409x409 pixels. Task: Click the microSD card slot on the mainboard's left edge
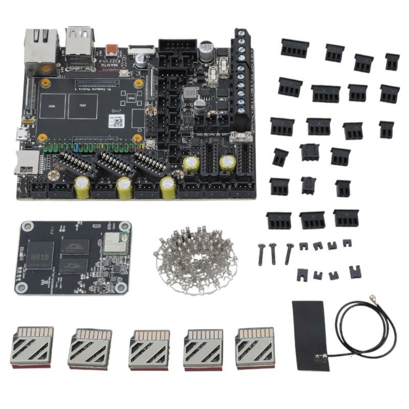(27, 163)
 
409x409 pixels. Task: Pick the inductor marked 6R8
(190, 94)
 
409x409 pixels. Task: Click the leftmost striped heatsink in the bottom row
(32, 347)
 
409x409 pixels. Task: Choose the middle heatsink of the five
(148, 348)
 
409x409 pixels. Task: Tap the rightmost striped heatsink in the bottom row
(255, 347)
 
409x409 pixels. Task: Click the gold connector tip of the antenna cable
(373, 297)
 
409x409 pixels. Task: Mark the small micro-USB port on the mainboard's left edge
(21, 134)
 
